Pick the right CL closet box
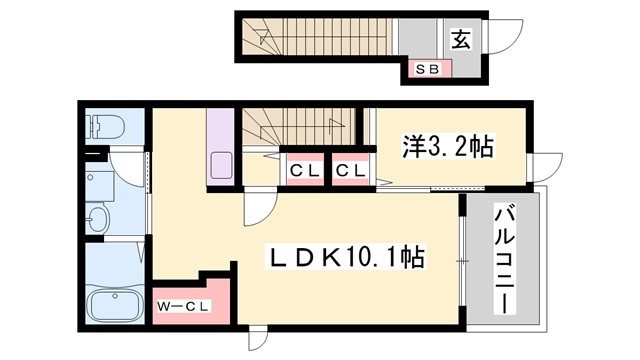[x=348, y=169]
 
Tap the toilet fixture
[x=103, y=126]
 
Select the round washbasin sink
[x=98, y=220]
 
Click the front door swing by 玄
[x=506, y=40]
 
